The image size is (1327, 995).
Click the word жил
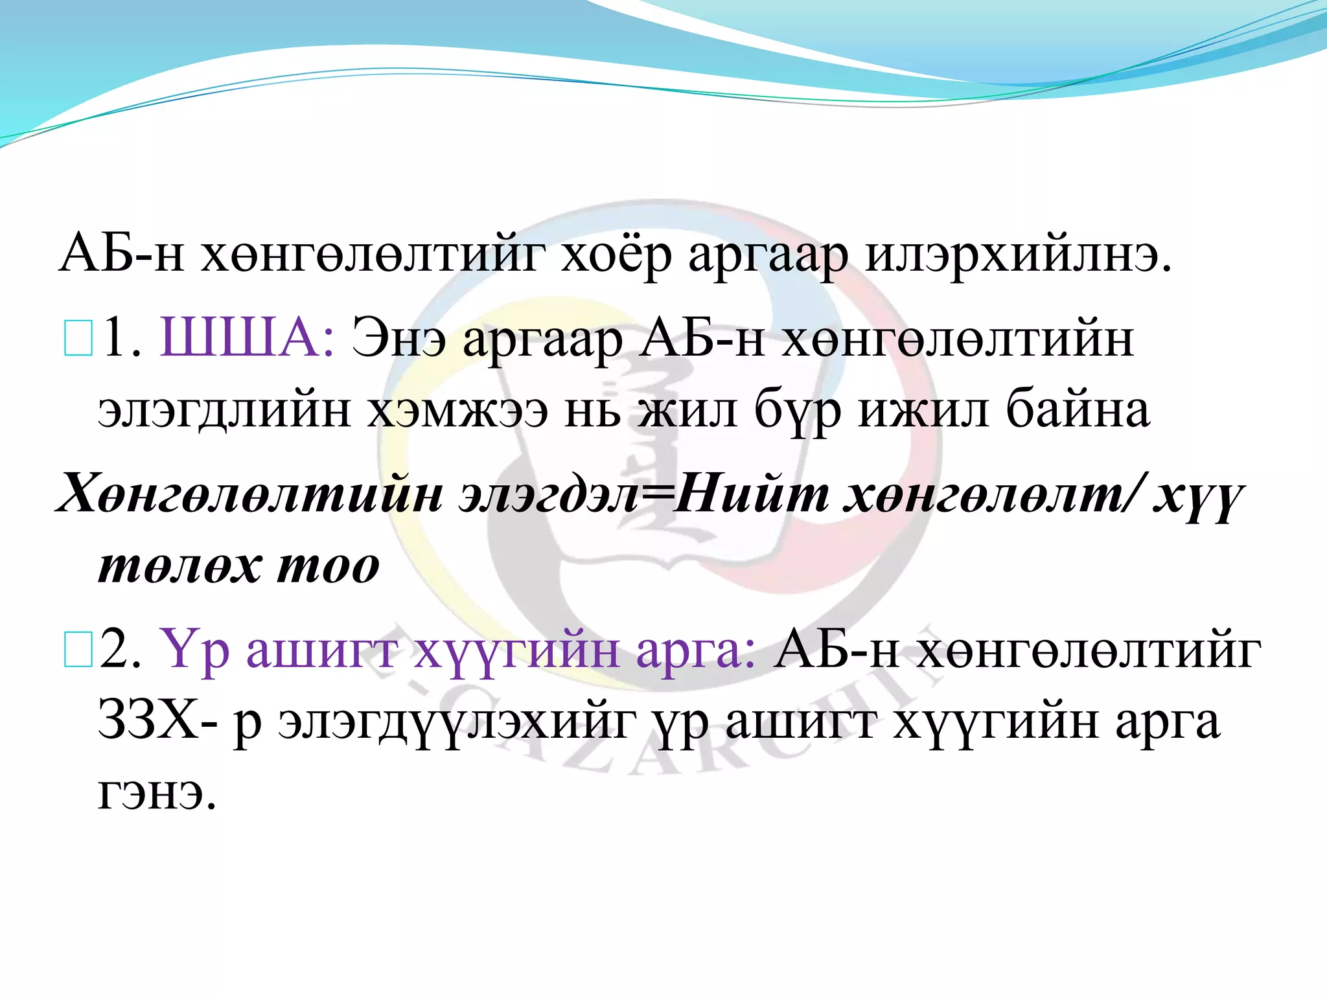(687, 410)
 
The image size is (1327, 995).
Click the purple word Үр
(195, 650)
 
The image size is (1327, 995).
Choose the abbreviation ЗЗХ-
(159, 720)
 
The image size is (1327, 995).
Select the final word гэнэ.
(156, 794)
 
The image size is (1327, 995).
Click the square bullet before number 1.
(78, 340)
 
